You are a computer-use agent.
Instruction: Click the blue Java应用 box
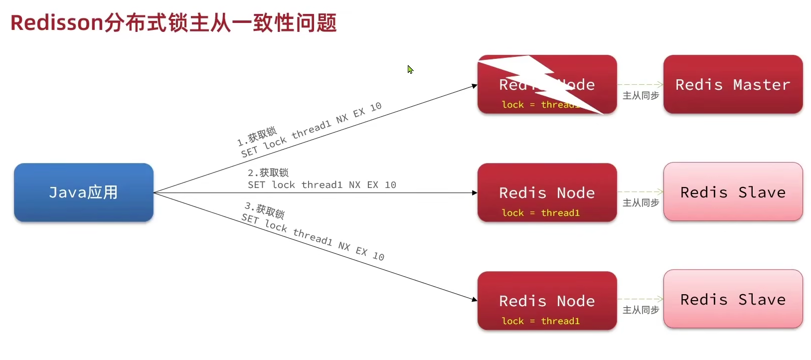tap(83, 192)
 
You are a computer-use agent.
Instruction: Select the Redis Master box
tap(733, 85)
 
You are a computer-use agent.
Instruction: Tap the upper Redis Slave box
tap(733, 192)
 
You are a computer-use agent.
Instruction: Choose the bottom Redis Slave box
tap(733, 299)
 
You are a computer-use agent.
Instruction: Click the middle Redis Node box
tap(547, 192)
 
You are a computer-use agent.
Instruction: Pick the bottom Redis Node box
tap(547, 301)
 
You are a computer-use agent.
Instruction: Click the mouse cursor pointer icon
tap(410, 69)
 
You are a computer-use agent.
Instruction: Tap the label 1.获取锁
tap(257, 136)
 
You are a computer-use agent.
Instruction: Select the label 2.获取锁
tap(268, 173)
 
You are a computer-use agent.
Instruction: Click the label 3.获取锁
tap(265, 210)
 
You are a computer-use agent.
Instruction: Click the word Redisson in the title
tap(56, 23)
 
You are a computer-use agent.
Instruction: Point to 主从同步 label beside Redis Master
tap(641, 95)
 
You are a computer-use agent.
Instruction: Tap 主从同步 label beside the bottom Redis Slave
tap(641, 310)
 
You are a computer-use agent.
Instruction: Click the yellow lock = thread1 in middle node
tap(540, 213)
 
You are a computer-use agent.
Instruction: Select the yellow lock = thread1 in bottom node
tap(540, 321)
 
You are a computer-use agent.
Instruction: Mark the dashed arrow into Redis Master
tap(640, 85)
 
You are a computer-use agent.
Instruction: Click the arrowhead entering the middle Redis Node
tap(475, 192)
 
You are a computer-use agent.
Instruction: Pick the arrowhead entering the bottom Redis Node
tap(474, 299)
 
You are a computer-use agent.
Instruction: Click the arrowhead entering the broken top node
tap(474, 86)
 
